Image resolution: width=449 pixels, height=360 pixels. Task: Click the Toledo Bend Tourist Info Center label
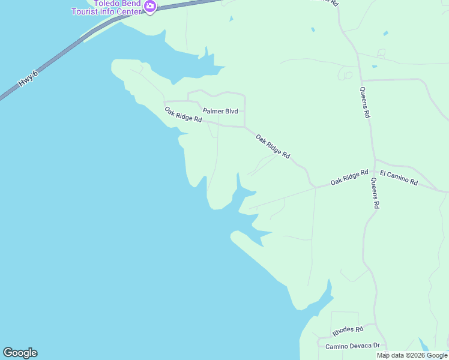click(107, 8)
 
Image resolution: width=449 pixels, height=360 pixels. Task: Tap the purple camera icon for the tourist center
click(150, 7)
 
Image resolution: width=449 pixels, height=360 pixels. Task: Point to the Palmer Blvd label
click(220, 111)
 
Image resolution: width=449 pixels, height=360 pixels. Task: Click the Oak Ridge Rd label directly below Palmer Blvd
click(184, 114)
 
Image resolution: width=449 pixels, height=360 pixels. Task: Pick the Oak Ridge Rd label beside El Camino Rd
click(349, 177)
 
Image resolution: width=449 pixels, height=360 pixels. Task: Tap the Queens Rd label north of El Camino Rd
click(364, 103)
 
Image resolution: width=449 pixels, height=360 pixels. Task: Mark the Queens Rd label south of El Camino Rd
click(375, 193)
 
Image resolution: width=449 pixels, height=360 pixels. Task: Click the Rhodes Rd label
click(348, 330)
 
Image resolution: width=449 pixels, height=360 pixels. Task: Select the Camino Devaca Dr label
click(353, 346)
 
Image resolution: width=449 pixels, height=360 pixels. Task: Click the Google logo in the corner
click(20, 353)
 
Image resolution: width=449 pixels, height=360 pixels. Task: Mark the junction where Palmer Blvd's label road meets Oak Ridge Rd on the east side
click(245, 127)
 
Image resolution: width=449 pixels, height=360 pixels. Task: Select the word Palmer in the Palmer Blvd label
click(213, 111)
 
